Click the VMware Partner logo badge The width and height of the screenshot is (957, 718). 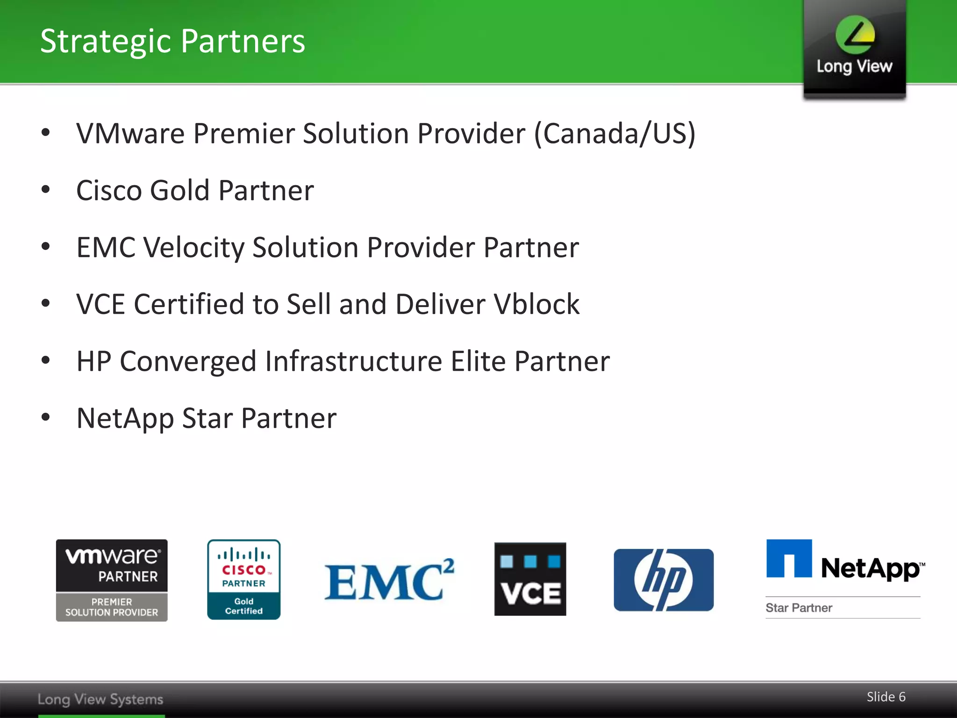point(112,580)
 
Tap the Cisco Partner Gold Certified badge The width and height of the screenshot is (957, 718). point(243,580)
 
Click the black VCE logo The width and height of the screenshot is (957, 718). point(530,579)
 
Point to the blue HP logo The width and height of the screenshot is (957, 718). point(664,580)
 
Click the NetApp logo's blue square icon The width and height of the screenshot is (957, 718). point(789,559)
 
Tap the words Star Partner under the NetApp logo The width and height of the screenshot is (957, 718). point(799,608)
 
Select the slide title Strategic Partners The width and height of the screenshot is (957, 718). point(172,41)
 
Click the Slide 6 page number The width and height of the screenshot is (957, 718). point(886,696)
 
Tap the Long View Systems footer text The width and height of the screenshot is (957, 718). point(100,699)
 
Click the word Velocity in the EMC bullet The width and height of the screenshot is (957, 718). point(193,247)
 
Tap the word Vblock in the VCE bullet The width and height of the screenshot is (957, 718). point(536,304)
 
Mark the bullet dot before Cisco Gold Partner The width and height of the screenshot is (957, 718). point(45,190)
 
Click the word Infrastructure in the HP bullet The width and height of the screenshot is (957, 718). point(354,361)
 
